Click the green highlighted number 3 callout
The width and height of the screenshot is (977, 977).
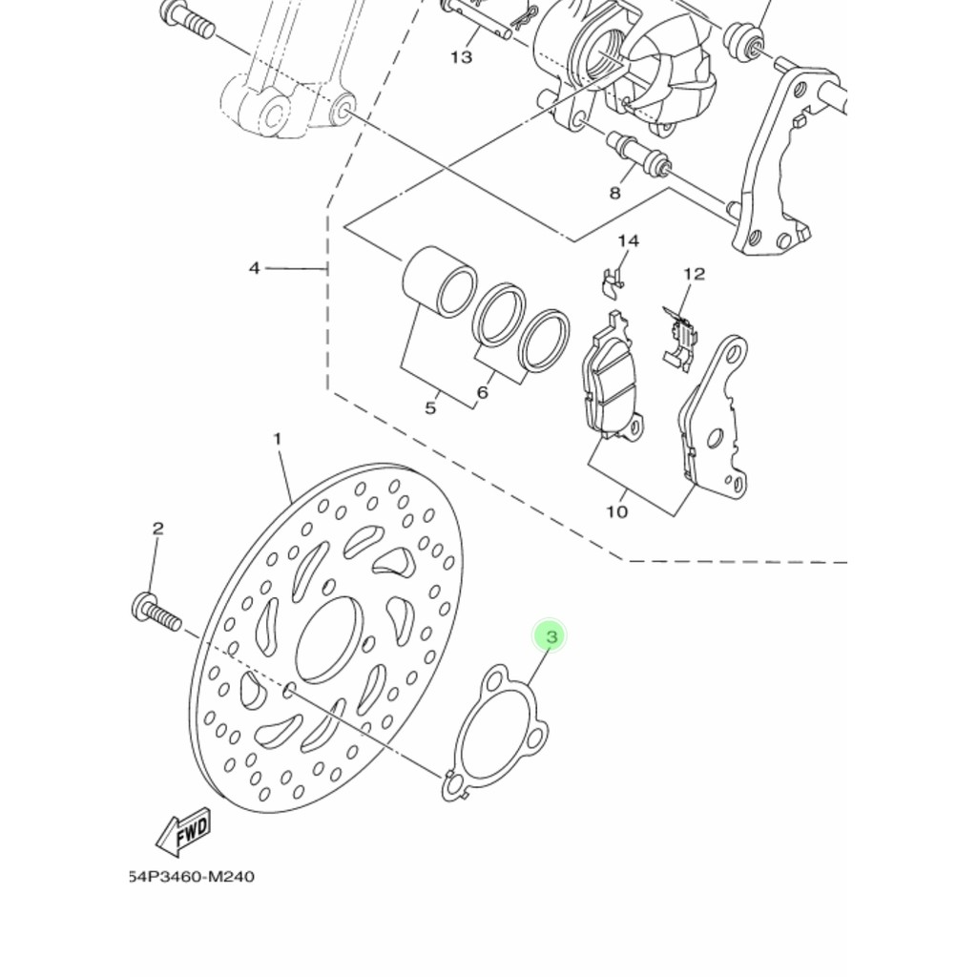(550, 636)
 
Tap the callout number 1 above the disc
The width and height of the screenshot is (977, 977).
(278, 439)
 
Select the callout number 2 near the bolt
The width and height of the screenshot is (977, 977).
(157, 529)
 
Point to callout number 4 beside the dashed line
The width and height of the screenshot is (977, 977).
(254, 268)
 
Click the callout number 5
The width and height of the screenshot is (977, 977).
(430, 408)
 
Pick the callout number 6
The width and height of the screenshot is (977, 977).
(482, 392)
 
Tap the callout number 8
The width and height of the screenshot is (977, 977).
(615, 193)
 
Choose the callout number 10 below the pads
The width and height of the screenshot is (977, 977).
(617, 512)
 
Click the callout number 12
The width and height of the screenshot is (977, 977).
(695, 274)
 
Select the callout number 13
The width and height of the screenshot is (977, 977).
(461, 57)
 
